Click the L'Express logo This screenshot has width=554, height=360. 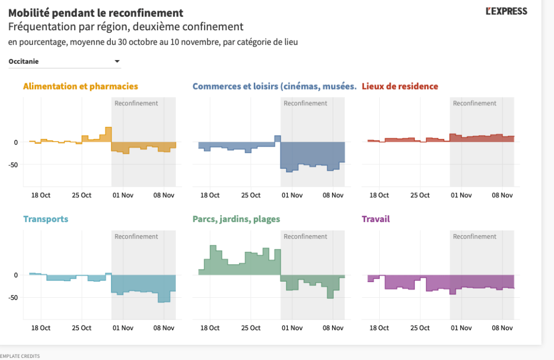(x=506, y=11)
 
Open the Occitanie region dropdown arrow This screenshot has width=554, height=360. (x=117, y=62)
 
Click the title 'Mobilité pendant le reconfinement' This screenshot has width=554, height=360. (x=96, y=12)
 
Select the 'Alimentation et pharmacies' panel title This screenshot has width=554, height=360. (x=81, y=86)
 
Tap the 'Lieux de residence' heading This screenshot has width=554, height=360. (x=400, y=86)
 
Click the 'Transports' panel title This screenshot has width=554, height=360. (x=46, y=219)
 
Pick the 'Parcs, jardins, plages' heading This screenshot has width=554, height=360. (x=236, y=219)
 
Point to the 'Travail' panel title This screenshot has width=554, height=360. (x=375, y=219)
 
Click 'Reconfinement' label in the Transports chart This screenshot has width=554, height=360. (x=136, y=236)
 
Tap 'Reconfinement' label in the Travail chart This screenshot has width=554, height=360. (x=474, y=236)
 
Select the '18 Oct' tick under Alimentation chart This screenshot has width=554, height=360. (x=41, y=195)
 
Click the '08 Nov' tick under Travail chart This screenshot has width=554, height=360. (x=502, y=328)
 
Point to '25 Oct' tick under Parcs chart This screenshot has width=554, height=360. (x=251, y=328)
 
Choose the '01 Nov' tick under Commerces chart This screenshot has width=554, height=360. (x=292, y=195)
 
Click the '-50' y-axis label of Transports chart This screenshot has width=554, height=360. (x=14, y=297)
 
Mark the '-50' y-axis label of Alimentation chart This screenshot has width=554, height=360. (x=14, y=164)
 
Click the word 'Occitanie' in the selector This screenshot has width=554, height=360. (x=24, y=62)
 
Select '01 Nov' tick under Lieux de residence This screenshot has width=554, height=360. (x=461, y=195)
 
